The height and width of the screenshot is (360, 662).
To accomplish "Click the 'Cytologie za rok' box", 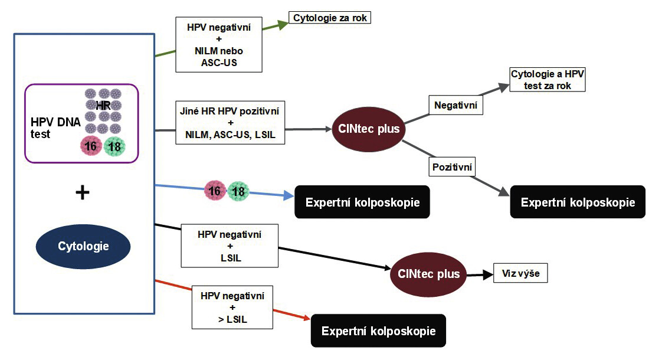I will click(329, 18).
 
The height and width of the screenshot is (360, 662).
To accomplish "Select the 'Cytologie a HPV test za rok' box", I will click(548, 80).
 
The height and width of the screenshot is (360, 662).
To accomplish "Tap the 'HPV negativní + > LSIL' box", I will click(232, 307).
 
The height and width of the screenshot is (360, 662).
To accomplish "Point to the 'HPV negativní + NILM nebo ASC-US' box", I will click(219, 44).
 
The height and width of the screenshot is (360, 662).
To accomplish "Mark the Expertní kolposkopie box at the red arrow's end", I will click(378, 330).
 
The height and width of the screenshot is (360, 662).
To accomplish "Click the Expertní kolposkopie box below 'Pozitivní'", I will click(578, 202).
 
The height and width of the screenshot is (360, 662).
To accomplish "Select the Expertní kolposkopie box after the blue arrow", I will click(362, 202).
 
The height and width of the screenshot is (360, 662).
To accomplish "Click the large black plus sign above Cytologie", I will click(83, 193).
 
